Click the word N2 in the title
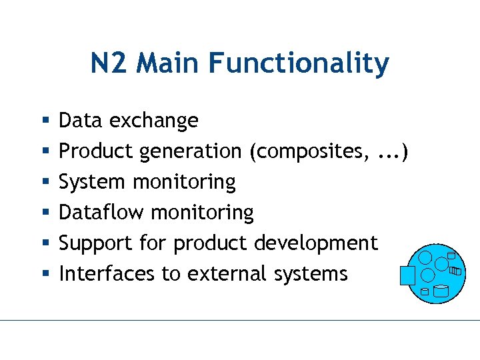111,63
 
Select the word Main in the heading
169,63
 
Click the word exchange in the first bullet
154,121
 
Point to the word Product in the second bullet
97,151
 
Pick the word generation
191,152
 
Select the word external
236,273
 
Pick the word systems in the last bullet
314,274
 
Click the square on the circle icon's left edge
407,275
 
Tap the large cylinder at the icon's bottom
441,291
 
